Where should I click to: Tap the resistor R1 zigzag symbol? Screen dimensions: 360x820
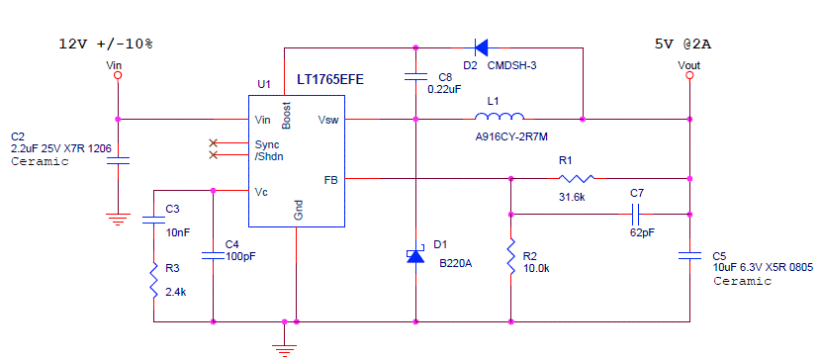(x=576, y=179)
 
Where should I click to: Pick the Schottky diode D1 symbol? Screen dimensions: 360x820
(x=416, y=255)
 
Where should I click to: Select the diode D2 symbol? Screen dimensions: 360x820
(x=482, y=46)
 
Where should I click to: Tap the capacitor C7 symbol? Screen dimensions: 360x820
(x=636, y=214)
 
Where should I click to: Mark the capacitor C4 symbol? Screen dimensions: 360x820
(x=214, y=255)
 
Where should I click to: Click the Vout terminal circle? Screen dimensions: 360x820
(x=689, y=77)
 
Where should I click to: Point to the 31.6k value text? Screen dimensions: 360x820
(x=573, y=198)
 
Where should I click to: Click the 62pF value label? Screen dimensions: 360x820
(x=642, y=232)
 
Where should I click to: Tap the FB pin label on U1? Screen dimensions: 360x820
(x=330, y=180)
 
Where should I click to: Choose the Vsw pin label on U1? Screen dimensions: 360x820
(x=327, y=120)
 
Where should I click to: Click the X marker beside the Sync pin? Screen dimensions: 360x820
(x=213, y=143)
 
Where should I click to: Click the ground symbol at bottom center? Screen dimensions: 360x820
(x=284, y=345)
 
